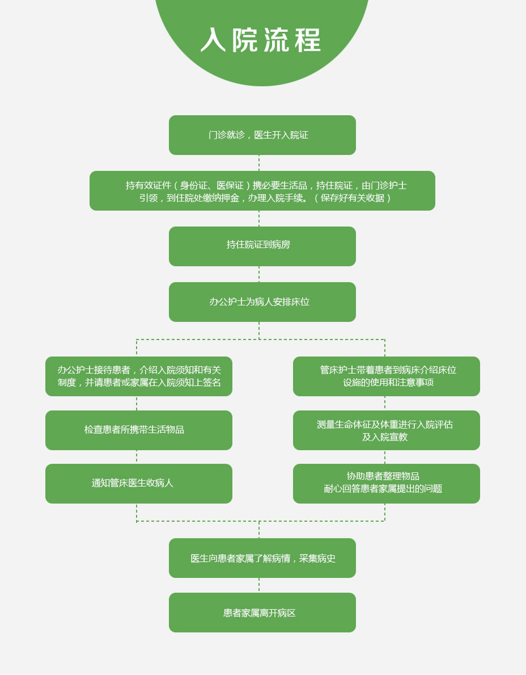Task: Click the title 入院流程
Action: (261, 40)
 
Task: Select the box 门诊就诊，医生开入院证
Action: (262, 135)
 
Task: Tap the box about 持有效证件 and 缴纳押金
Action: (262, 191)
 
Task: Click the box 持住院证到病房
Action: (262, 246)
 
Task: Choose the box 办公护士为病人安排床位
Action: (262, 302)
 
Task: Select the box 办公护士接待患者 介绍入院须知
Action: (139, 376)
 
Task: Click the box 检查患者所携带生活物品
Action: (139, 430)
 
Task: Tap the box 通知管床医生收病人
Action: (139, 484)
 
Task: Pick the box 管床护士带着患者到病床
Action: (387, 376)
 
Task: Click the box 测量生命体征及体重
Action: (387, 430)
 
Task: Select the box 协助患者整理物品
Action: (387, 484)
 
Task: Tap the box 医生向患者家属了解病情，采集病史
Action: (262, 558)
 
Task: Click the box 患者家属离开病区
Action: (262, 613)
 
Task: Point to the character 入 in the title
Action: (213, 40)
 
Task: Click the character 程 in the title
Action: (308, 40)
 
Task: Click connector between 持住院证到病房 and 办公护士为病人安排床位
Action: (258, 274)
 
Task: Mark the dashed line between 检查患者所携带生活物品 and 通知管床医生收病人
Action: (137, 457)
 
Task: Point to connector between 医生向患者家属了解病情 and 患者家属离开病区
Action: (258, 585)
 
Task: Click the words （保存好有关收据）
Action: (353, 198)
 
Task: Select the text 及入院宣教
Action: (385, 437)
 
